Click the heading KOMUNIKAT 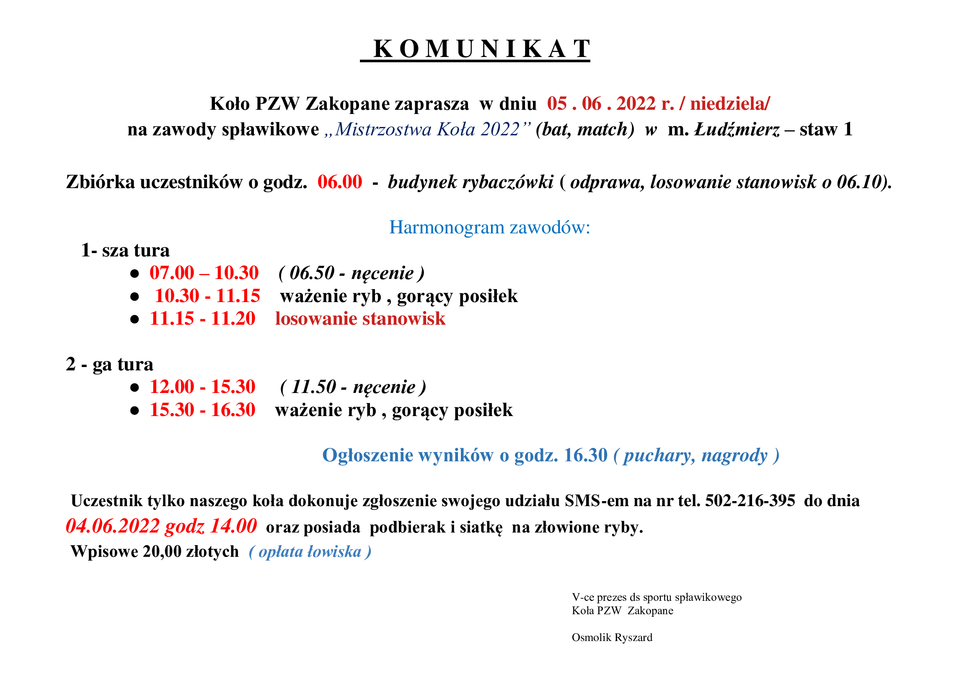tap(481, 49)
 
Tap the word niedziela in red tap(729, 103)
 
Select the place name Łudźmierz tap(737, 129)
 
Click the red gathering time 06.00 tap(340, 182)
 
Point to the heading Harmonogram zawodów tap(489, 228)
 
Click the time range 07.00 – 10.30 tap(204, 273)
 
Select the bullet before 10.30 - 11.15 tap(134, 297)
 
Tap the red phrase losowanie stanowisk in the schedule tap(360, 319)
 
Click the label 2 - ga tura tap(109, 365)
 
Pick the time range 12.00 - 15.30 tap(202, 387)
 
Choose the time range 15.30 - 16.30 tap(202, 410)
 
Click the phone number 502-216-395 tap(750, 501)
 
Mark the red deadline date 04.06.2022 tap(113, 526)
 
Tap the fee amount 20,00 tap(162, 552)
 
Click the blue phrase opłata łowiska tap(310, 552)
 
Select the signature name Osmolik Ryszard tap(612, 638)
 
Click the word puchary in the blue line tap(656, 455)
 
